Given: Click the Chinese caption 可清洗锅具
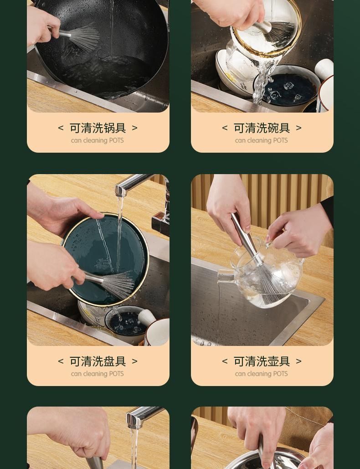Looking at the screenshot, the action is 98,128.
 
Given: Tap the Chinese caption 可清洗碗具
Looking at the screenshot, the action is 262,128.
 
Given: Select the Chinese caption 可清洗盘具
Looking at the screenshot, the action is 98,361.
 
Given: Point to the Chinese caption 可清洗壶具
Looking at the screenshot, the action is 262,361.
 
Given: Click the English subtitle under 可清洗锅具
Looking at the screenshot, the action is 97,140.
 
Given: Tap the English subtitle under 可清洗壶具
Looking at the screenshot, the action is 261,374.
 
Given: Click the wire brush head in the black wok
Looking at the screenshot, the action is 84,38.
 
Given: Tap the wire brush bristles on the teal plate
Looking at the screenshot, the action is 118,284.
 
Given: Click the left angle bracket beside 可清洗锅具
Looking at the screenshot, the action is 61,128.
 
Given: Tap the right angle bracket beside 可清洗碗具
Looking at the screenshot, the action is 298,128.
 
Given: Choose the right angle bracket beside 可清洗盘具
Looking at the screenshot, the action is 134,361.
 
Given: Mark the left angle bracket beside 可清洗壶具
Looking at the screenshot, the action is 225,361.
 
